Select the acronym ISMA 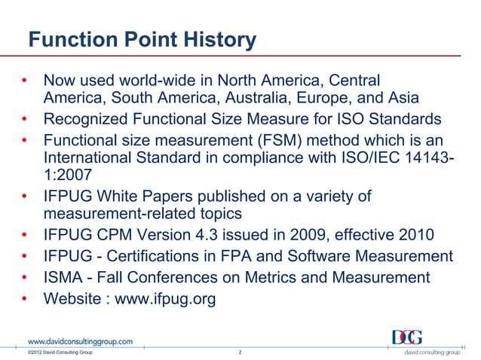pos(66,277)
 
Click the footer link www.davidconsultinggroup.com pos(81,341)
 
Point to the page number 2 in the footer pos(239,352)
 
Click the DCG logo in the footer pos(407,337)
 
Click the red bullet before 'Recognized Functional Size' pos(25,118)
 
